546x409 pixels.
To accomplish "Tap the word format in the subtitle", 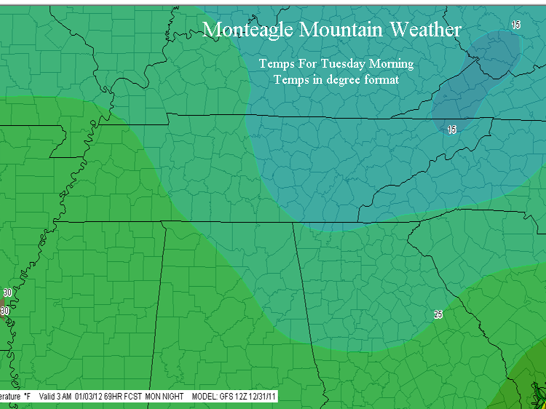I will click(x=381, y=80).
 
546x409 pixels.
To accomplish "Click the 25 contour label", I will click(x=438, y=314).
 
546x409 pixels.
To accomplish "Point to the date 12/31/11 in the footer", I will click(x=261, y=397).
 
